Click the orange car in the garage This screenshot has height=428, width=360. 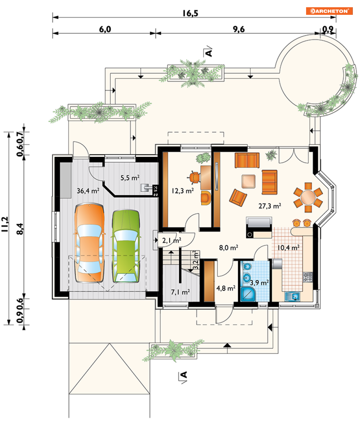tap(89, 243)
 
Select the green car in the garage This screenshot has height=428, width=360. tap(126, 246)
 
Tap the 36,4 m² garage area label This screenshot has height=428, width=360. tap(88, 191)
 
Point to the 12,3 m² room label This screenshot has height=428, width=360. tap(182, 191)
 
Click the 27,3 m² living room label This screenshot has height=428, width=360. tap(270, 206)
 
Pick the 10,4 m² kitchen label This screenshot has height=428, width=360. tap(288, 248)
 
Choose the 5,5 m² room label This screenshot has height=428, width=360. tap(130, 178)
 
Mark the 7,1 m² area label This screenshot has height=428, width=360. tap(180, 292)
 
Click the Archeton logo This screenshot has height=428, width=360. tap(329, 11)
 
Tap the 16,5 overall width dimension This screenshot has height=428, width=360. tap(190, 13)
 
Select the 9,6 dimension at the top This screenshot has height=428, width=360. tap(239, 29)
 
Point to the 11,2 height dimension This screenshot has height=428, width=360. tap(5, 224)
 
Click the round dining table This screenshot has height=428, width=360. tap(308, 197)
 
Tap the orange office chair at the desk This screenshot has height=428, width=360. tap(195, 177)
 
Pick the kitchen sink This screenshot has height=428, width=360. tap(292, 296)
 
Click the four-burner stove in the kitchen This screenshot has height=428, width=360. tap(308, 277)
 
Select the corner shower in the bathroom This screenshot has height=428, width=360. tap(248, 294)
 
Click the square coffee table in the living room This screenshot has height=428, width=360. tap(249, 181)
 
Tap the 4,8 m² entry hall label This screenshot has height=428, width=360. tap(226, 288)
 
